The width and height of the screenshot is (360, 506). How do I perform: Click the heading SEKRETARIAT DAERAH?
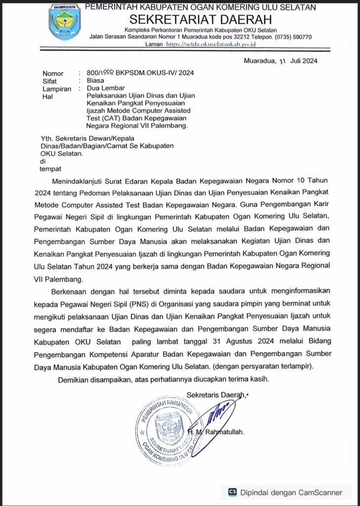(x=200, y=19)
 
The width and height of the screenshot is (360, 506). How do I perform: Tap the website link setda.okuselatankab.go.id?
(x=207, y=44)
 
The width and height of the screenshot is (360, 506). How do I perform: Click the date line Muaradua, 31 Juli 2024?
(x=280, y=61)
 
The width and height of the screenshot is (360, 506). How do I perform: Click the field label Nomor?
(x=53, y=73)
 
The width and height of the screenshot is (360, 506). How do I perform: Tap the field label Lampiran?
(x=57, y=89)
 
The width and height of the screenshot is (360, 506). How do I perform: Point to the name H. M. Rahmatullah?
(x=216, y=432)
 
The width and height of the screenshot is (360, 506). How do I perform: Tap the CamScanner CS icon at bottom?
(x=232, y=492)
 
